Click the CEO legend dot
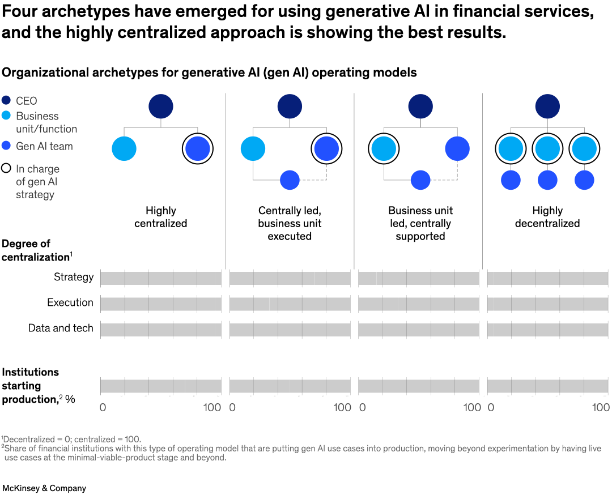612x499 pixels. click(6, 101)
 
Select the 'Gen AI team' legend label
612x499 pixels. click(44, 146)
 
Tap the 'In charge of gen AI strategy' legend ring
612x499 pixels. click(6, 169)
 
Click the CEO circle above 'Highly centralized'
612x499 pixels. click(161, 106)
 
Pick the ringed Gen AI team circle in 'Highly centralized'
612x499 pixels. click(198, 149)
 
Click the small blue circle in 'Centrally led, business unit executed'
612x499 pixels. click(290, 180)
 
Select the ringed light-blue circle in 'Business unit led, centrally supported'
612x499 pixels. click(384, 149)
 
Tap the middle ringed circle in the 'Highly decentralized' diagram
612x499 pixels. click(547, 149)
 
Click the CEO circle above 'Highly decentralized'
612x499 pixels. click(547, 106)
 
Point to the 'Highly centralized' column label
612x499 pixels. click(161, 217)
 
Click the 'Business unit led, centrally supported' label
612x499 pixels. click(420, 223)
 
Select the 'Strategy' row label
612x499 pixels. click(74, 277)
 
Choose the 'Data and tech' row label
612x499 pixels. click(61, 328)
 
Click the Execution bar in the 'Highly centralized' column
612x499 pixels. click(161, 304)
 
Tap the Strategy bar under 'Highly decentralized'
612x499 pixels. click(547, 278)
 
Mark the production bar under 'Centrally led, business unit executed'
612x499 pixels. click(290, 386)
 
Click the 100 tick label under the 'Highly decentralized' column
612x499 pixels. click(601, 408)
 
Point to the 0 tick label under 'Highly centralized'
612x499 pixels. click(103, 408)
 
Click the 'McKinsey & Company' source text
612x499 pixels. click(44, 488)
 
